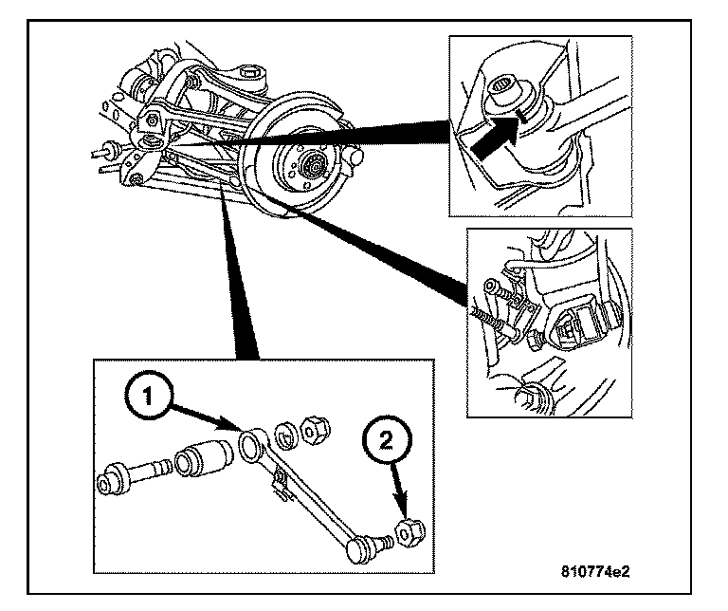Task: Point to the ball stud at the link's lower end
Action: (365, 546)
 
